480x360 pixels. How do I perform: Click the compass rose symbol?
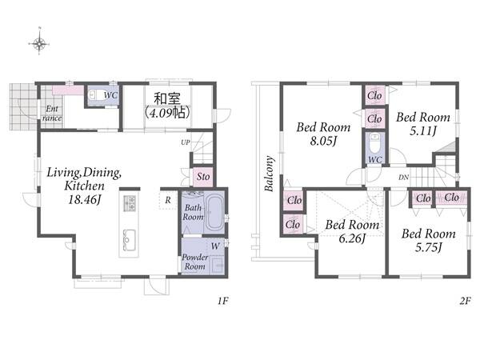click(x=39, y=43)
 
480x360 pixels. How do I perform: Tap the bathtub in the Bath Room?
click(x=215, y=212)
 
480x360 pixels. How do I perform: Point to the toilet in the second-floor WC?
click(x=374, y=143)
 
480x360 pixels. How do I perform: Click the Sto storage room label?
click(x=203, y=177)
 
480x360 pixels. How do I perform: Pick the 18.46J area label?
click(x=85, y=199)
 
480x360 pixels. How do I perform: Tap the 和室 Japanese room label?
click(x=167, y=98)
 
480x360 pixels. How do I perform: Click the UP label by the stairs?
click(x=186, y=142)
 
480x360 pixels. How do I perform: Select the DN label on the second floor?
click(x=404, y=178)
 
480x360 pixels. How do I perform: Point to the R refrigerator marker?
click(x=168, y=200)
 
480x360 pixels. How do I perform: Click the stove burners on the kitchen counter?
click(x=129, y=203)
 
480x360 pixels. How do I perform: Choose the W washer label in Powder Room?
click(x=215, y=246)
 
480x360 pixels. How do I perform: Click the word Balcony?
click(x=269, y=174)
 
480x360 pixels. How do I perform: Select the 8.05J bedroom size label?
click(x=323, y=141)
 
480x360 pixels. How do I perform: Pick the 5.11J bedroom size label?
click(x=422, y=131)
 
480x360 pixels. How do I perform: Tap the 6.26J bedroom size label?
click(x=352, y=238)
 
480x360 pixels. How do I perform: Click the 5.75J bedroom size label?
click(x=429, y=247)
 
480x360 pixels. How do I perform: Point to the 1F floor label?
click(x=223, y=302)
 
